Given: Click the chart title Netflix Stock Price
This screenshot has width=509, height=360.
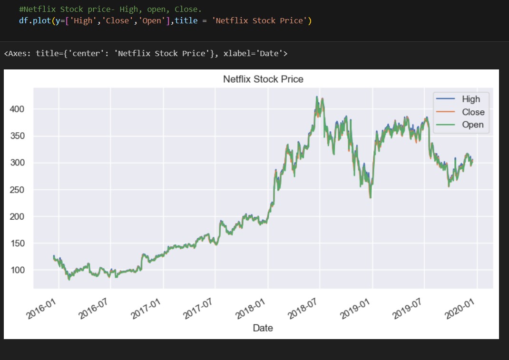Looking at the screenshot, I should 263,79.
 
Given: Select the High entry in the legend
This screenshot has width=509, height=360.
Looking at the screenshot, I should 470,99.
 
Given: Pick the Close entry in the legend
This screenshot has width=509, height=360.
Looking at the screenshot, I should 473,112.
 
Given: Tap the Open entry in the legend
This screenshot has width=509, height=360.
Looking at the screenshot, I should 472,125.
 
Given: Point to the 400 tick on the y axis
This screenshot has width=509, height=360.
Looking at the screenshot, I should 18,109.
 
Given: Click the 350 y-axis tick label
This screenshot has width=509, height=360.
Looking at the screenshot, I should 18,136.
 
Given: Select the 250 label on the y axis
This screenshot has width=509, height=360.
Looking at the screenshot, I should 18,190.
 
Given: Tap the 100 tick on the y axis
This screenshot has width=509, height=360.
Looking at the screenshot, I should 18,270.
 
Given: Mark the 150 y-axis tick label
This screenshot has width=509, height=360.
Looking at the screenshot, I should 18,243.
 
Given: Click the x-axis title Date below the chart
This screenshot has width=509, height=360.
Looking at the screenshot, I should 263,328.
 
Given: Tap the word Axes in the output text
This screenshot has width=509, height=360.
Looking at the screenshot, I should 17,53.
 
